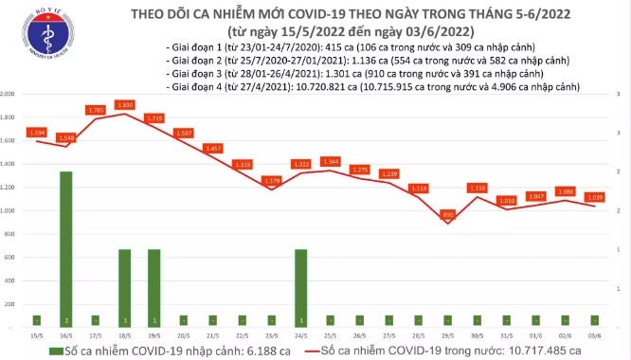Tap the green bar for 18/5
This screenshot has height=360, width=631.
124,287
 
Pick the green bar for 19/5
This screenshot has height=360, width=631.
153,287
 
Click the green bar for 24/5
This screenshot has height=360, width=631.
300,287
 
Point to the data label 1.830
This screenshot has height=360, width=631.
125,103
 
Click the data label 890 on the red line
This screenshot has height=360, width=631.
448,215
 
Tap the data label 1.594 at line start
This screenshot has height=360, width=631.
37,132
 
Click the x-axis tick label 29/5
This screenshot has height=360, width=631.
448,335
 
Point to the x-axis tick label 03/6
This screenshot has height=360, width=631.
594,335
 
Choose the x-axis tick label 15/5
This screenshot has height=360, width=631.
37,335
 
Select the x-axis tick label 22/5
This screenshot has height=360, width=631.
243,335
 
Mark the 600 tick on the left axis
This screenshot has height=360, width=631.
10,257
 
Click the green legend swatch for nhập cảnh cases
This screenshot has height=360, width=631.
48,350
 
